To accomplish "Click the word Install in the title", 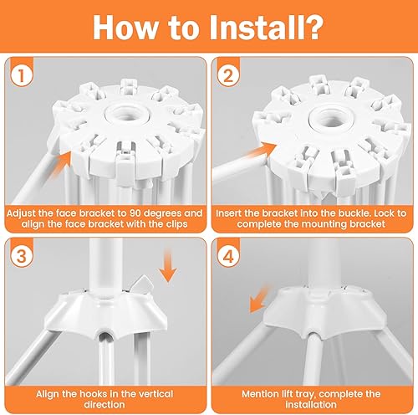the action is click(x=257, y=28).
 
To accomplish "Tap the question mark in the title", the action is click(x=313, y=28).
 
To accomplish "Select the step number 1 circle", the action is click(x=22, y=76).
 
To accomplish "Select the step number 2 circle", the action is click(x=228, y=76).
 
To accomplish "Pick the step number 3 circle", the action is click(x=22, y=257).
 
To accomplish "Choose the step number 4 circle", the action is click(x=228, y=257).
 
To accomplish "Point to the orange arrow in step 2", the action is click(x=261, y=151).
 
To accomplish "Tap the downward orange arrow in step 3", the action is click(x=167, y=265).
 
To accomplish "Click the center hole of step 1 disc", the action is click(x=130, y=115).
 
